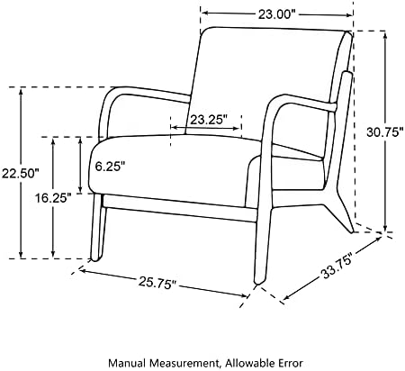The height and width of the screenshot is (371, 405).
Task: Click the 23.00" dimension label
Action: (x=277, y=14)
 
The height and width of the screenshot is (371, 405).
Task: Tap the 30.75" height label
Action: (x=385, y=132)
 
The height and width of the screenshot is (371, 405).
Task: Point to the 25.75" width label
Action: (x=157, y=284)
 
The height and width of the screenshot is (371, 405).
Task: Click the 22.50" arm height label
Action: (x=21, y=173)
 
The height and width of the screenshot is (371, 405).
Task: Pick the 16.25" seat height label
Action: (x=53, y=198)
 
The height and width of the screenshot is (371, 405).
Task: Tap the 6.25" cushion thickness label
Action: (x=110, y=166)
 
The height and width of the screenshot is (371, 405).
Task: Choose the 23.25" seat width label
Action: (x=208, y=120)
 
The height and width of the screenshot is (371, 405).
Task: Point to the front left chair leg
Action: (x=98, y=227)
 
